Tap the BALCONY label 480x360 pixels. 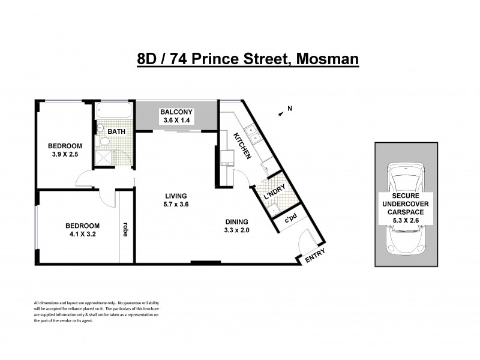175,112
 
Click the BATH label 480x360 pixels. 117,131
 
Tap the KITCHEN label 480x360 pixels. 242,145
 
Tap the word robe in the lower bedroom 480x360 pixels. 125,230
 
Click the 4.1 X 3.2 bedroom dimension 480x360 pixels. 81,235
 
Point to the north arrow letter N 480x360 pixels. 289,109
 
